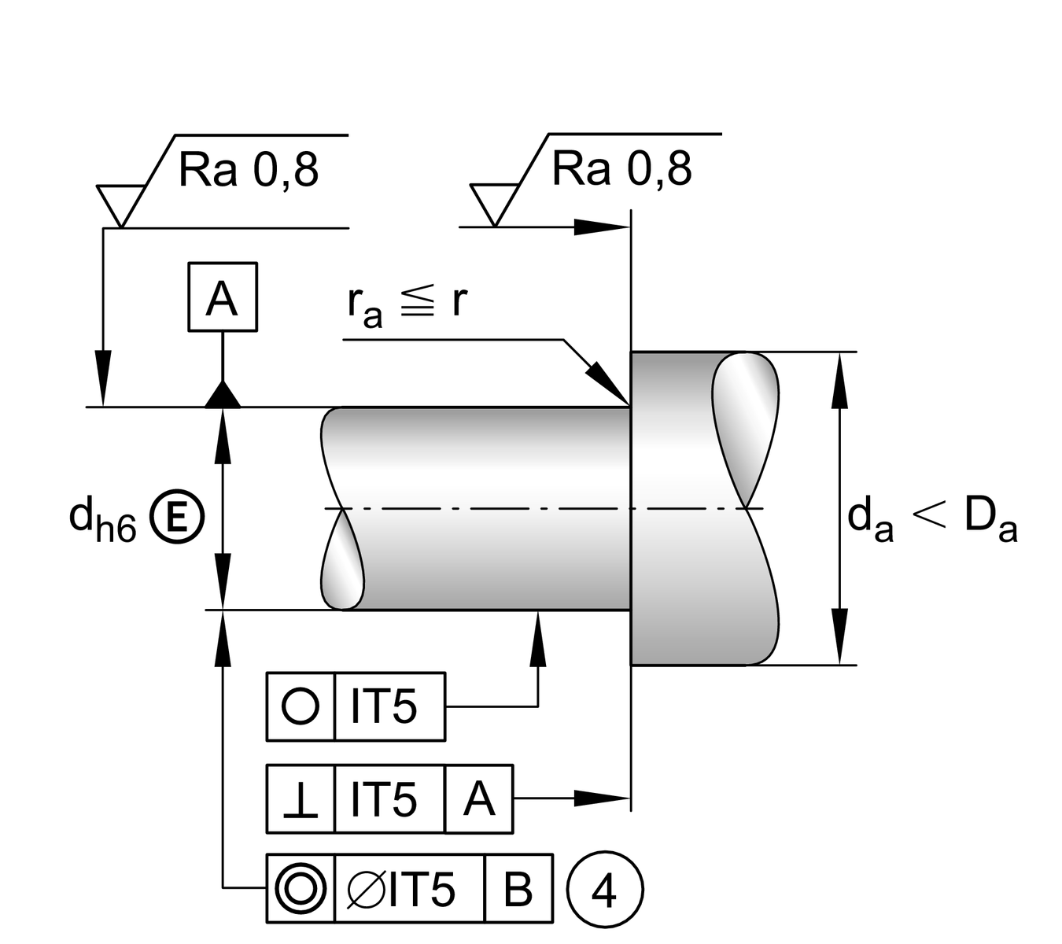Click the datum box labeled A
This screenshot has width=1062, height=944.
(x=223, y=297)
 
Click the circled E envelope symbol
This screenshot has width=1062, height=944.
(x=177, y=517)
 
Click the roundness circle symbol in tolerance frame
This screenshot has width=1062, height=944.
(x=301, y=706)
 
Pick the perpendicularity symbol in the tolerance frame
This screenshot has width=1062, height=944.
(x=301, y=799)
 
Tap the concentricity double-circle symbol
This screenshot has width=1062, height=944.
(x=301, y=888)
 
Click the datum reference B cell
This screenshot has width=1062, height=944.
(x=518, y=888)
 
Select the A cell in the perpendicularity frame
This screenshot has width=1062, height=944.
(x=479, y=799)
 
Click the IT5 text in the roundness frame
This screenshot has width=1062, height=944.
(x=385, y=706)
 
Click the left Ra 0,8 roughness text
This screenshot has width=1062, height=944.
(x=249, y=170)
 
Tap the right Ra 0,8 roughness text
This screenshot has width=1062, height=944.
(x=621, y=168)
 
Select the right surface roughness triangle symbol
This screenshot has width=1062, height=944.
(x=494, y=203)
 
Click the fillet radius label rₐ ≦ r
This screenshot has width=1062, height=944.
(x=407, y=304)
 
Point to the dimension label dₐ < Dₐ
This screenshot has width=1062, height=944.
(x=932, y=519)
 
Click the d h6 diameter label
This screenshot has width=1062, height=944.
(x=102, y=519)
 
